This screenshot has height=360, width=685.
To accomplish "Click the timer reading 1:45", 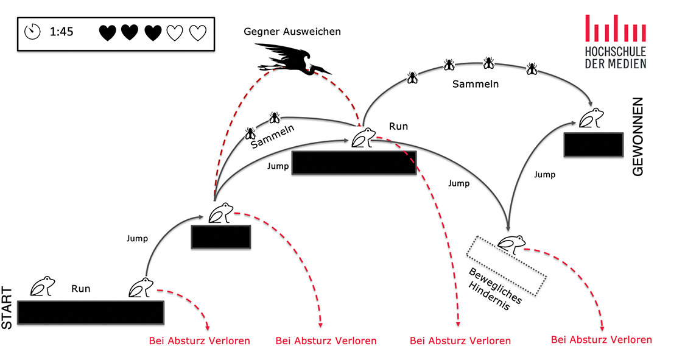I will [x=61, y=32].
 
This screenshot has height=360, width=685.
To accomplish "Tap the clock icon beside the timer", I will [x=32, y=31].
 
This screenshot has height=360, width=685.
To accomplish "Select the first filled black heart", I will [x=107, y=32].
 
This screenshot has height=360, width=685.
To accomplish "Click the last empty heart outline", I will [x=197, y=32].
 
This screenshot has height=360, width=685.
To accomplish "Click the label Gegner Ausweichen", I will [x=292, y=31].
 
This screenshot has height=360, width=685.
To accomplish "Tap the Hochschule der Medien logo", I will [x=615, y=41].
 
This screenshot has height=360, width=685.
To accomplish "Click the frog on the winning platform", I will [x=591, y=118].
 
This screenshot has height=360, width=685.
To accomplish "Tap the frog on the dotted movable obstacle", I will [x=511, y=243].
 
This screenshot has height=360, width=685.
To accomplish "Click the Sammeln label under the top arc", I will [x=475, y=84].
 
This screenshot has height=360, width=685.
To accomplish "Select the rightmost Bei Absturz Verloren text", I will [x=601, y=340].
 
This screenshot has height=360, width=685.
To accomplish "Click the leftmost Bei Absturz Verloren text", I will [x=199, y=341].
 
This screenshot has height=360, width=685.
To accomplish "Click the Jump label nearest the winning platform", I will [x=544, y=175].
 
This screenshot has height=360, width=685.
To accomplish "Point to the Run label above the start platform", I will [x=80, y=289].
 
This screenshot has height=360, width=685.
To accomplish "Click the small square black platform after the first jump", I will [x=221, y=237].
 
